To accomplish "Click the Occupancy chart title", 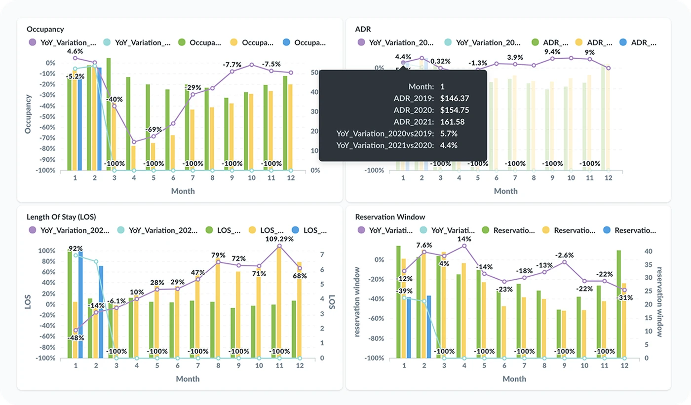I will tap(45, 29).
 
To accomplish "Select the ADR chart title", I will tap(363, 29).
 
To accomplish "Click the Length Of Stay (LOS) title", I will tap(61, 217).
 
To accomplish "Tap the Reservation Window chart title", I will tap(390, 217).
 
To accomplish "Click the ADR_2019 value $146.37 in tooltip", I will tap(455, 98).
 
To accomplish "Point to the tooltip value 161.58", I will tap(453, 121).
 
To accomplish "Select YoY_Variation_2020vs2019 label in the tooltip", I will tap(385, 133).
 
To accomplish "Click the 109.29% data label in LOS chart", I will tap(279, 239).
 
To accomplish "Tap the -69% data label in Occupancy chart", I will tap(154, 129).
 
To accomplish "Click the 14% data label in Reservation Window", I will tap(464, 239).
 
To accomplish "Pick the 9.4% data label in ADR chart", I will tap(552, 52).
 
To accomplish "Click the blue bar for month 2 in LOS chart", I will tap(101, 311).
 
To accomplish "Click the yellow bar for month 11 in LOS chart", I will tap(279, 301).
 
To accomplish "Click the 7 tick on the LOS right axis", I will tap(322, 255).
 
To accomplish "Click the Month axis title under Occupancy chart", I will tap(183, 191).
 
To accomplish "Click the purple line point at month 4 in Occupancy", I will tap(134, 142).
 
